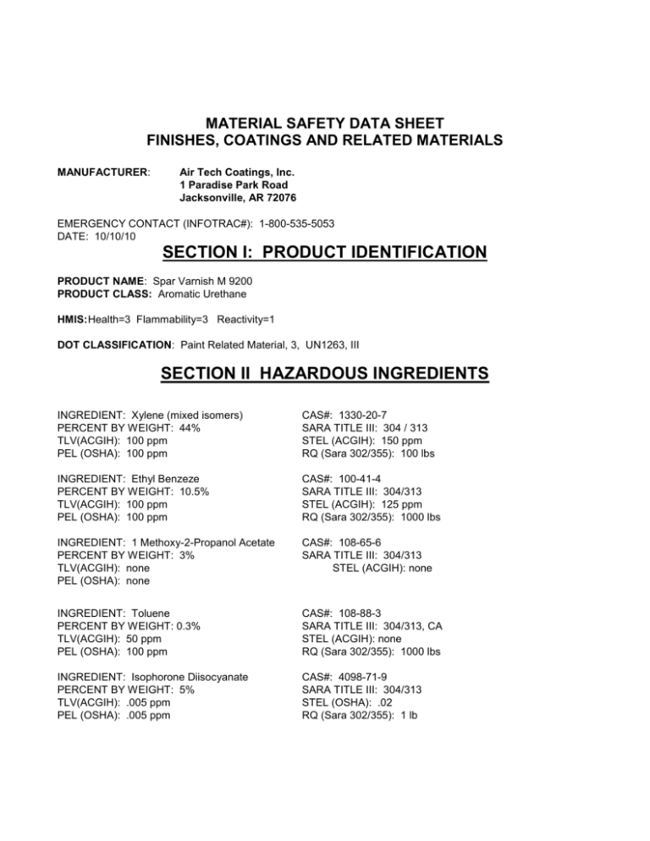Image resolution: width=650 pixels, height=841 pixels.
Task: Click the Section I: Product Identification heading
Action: (325, 252)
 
